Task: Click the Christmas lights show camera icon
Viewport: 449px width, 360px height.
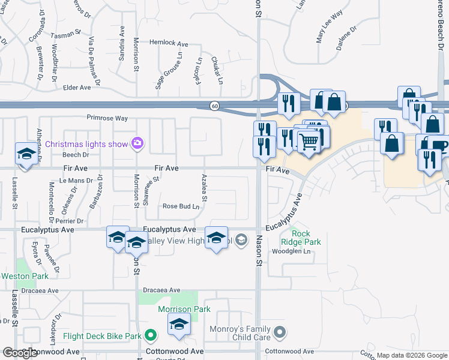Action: pyautogui.click(x=138, y=143)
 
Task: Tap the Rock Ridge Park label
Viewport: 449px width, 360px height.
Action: pyautogui.click(x=306, y=238)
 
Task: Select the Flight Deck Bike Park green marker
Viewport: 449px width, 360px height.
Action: pyautogui.click(x=151, y=335)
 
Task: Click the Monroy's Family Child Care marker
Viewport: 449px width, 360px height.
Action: pyautogui.click(x=280, y=332)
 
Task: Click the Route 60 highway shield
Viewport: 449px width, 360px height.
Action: pyautogui.click(x=214, y=106)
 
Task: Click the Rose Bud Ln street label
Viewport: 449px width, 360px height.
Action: pyautogui.click(x=181, y=206)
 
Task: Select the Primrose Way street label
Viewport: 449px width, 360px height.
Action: pyautogui.click(x=107, y=118)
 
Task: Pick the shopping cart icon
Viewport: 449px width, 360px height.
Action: pyautogui.click(x=309, y=142)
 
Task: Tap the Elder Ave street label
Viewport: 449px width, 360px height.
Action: pyautogui.click(x=77, y=88)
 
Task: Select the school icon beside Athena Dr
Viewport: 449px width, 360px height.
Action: pyautogui.click(x=26, y=154)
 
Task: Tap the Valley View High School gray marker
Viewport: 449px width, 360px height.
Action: pyautogui.click(x=241, y=241)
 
